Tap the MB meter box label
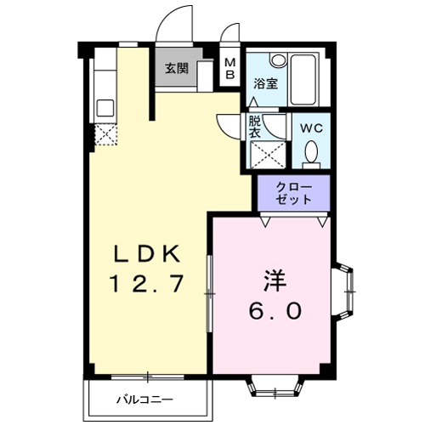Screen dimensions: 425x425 pyautogui.click(x=229, y=69)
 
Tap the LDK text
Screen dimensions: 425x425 pyautogui.click(x=148, y=253)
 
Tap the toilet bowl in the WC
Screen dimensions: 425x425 pyautogui.click(x=310, y=153)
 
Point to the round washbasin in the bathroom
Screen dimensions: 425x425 pyautogui.click(x=278, y=62)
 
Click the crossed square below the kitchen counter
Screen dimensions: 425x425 pyautogui.click(x=105, y=134)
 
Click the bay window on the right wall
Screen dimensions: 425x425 pyautogui.click(x=346, y=291)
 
